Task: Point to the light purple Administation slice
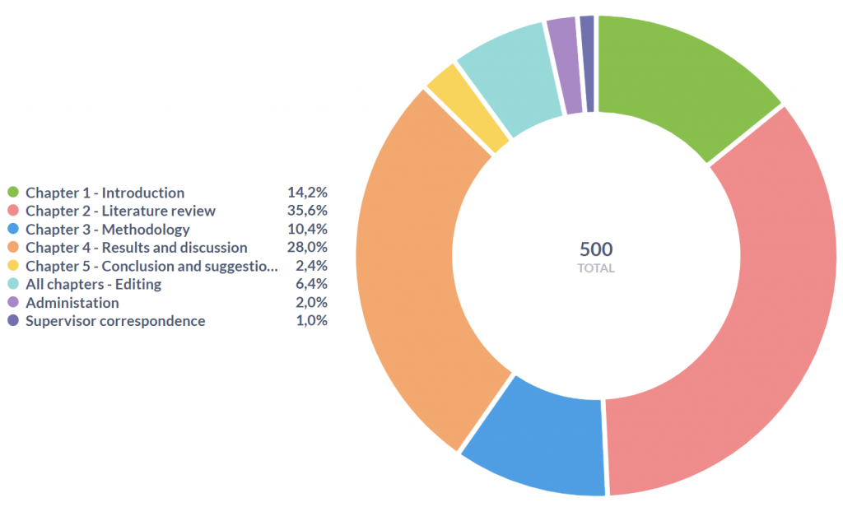click(565, 65)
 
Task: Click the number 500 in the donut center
click(596, 249)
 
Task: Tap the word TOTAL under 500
click(596, 268)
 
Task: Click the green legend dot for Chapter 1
click(12, 193)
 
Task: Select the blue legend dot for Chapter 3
click(12, 230)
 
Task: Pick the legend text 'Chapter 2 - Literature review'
click(120, 211)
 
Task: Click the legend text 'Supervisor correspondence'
click(115, 321)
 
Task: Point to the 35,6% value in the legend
click(307, 211)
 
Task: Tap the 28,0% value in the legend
click(307, 247)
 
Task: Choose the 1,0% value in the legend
click(311, 321)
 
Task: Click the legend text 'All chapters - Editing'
click(93, 284)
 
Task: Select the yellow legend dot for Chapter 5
click(12, 266)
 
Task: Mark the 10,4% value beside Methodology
click(307, 230)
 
